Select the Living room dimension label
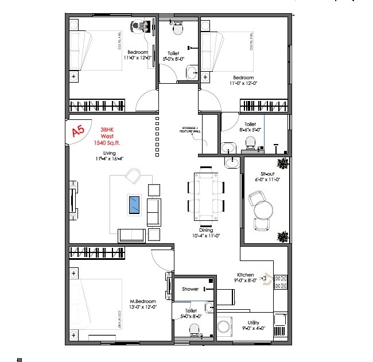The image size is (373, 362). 109,159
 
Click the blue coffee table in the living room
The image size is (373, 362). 134,205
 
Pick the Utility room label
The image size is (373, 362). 252,326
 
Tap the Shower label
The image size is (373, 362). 190,289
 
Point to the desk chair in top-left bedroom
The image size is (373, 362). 138,26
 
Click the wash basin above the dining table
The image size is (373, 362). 232,163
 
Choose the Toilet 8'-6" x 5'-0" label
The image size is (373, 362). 250,127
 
